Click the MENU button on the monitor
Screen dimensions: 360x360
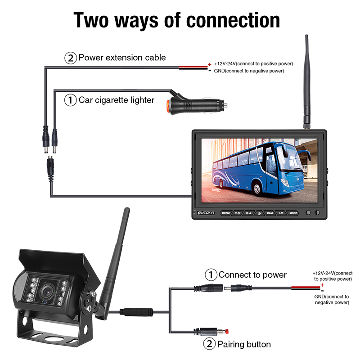point(225,212)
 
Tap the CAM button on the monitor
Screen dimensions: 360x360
point(270,212)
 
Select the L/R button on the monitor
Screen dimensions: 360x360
point(282,212)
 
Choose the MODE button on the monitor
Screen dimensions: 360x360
point(293,212)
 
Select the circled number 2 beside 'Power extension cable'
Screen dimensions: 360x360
point(71,58)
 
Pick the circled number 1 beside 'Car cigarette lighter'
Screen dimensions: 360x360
point(71,100)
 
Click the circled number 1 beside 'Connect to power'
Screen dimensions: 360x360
point(211,274)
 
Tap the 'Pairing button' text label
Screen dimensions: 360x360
point(244,345)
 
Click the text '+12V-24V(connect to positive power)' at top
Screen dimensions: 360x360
point(247,63)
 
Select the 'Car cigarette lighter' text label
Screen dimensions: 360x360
point(117,100)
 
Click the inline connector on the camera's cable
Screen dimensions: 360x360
point(135,310)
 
